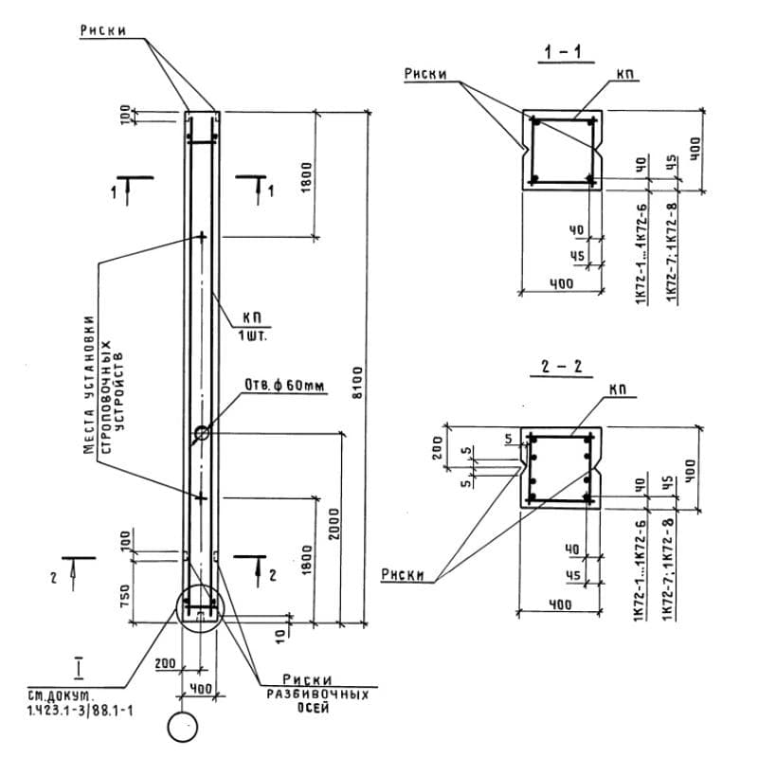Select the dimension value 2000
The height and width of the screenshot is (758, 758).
click(x=332, y=528)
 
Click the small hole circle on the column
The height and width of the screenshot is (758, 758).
click(x=202, y=434)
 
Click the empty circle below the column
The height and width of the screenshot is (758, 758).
click(x=181, y=728)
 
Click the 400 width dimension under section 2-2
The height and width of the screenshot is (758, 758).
click(x=561, y=604)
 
